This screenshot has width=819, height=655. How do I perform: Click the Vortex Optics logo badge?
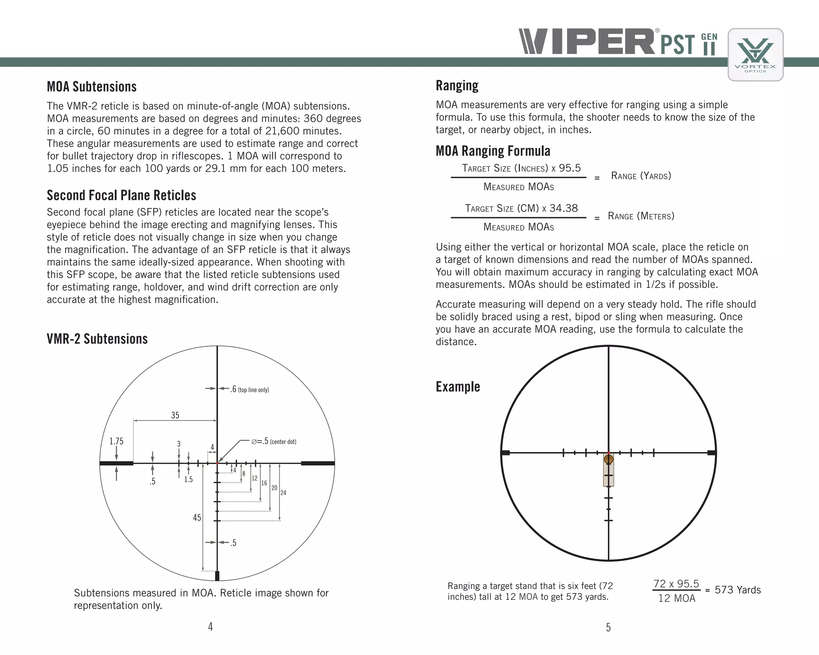(755, 55)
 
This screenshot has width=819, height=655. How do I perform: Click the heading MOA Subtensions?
(92, 87)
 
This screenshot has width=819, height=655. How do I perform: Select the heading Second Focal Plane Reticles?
(121, 195)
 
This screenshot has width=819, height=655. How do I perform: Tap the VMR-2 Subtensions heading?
(97, 339)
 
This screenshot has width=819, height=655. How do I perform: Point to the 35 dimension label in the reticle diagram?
(175, 415)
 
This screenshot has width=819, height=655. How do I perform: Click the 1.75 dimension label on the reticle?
(116, 441)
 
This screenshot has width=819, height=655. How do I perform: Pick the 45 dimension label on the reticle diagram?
(197, 517)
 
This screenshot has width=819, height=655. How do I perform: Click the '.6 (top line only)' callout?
(250, 389)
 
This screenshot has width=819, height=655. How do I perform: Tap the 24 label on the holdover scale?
(283, 493)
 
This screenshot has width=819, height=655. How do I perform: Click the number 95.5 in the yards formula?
(569, 168)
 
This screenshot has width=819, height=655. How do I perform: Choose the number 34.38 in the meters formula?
(563, 208)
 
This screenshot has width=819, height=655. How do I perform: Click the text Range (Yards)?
(641, 176)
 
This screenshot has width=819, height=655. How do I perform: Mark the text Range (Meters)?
(641, 216)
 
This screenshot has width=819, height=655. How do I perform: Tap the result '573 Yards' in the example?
(737, 590)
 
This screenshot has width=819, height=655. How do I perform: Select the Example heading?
(457, 387)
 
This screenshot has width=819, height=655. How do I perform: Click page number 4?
(210, 627)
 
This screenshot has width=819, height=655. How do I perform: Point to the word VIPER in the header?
(587, 42)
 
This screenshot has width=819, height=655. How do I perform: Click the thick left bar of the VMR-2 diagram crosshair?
(116, 463)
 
